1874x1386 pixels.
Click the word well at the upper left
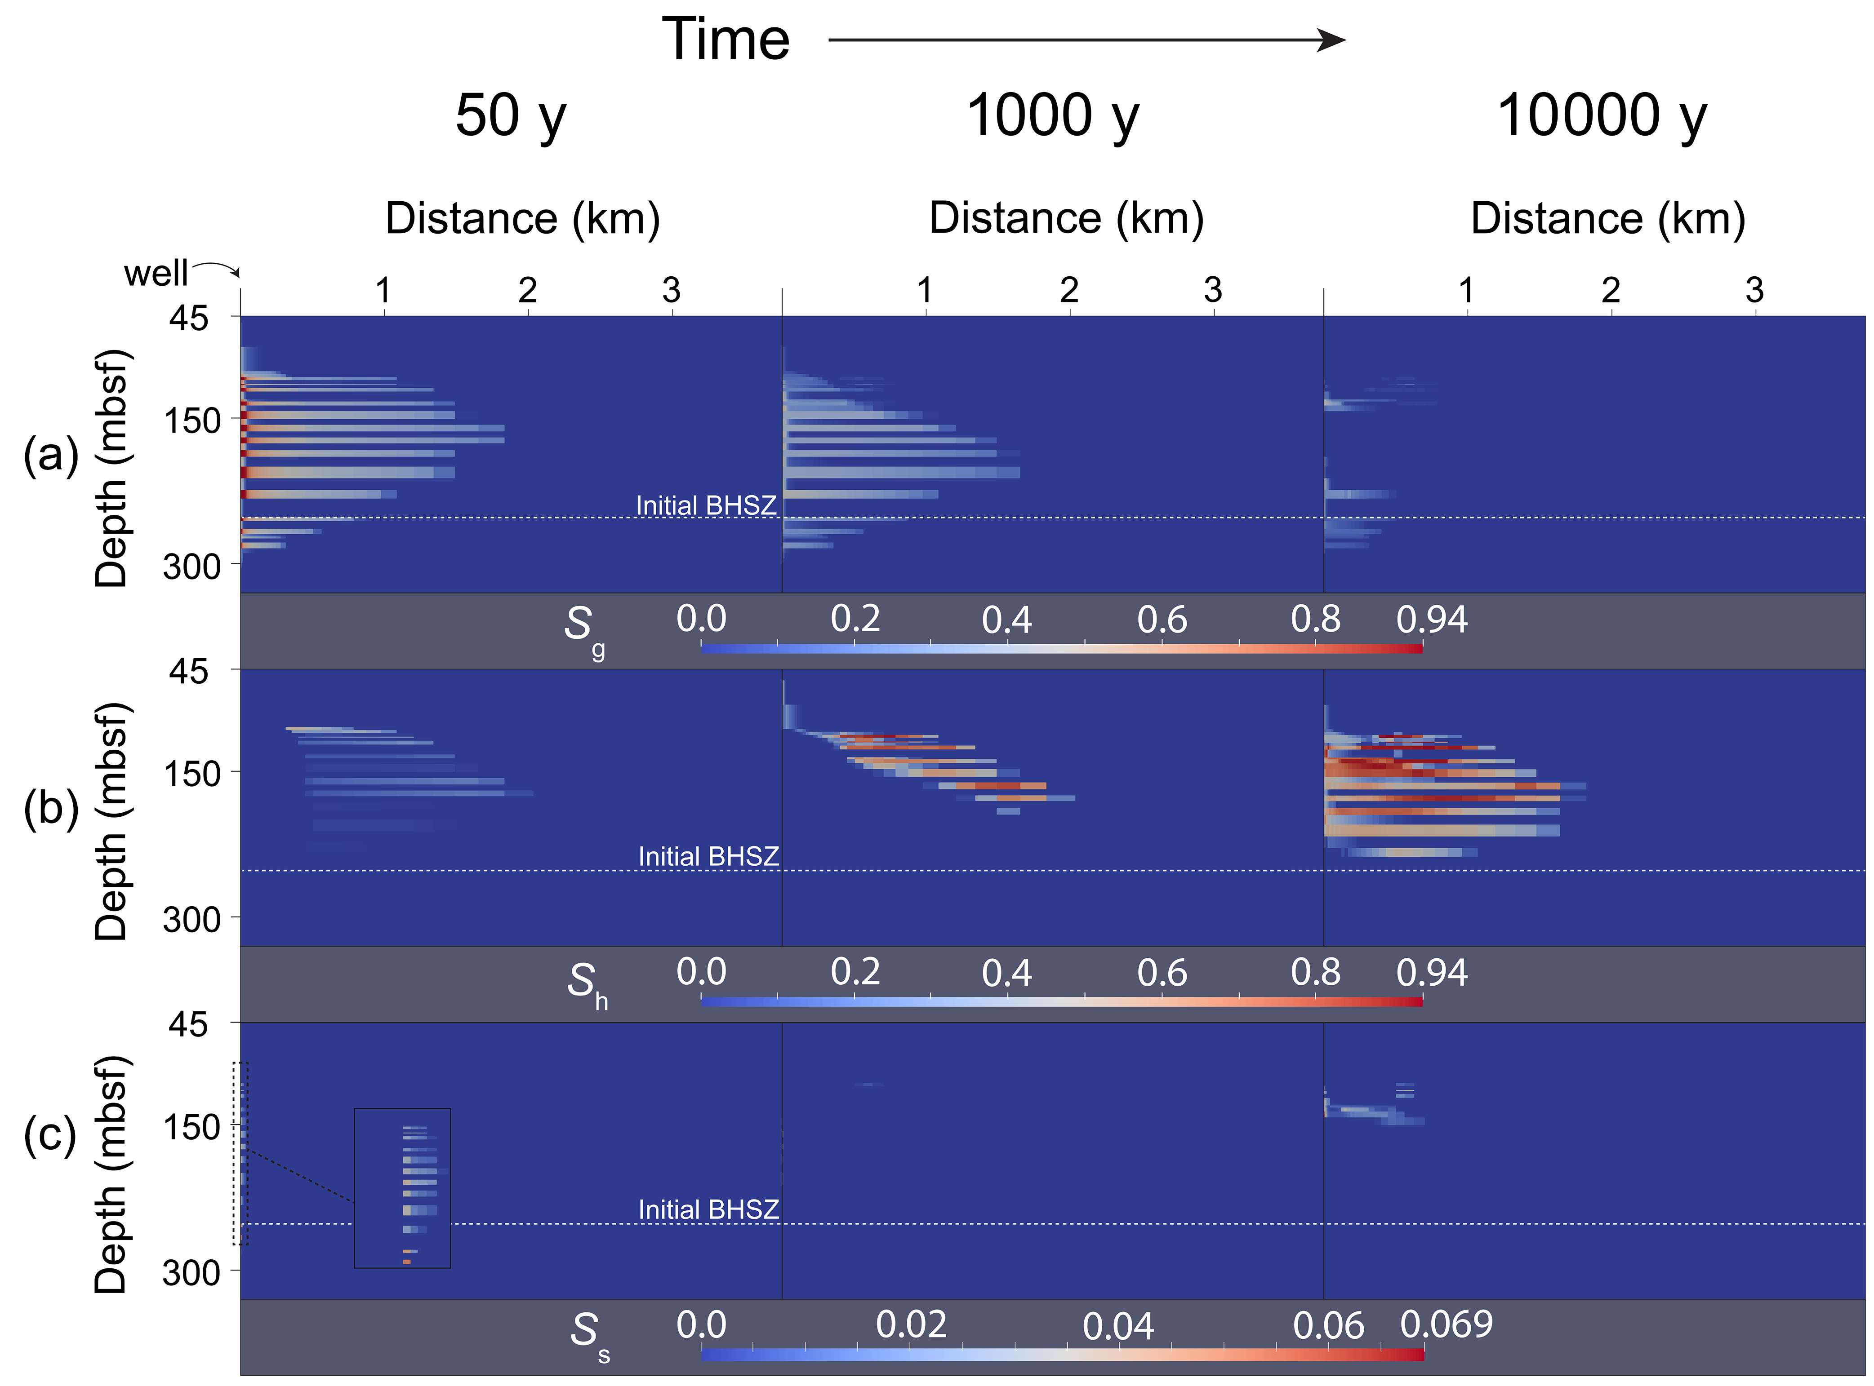coord(156,274)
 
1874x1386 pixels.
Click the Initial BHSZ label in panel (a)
coord(706,506)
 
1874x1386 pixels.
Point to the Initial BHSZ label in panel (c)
coord(708,1210)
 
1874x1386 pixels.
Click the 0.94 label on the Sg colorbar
coord(1432,620)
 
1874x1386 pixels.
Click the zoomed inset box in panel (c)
coord(402,1188)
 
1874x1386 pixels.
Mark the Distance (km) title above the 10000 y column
coord(1608,219)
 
